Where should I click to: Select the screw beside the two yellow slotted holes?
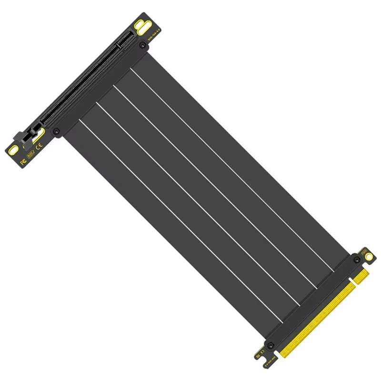point(142,45)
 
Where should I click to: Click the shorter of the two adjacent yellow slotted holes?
point(139,22)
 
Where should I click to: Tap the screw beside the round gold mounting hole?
point(357,260)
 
